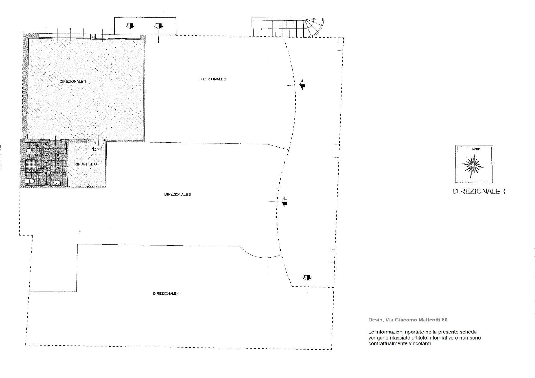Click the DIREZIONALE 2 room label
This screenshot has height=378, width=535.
click(213, 79)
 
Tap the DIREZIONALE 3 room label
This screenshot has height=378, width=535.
click(177, 195)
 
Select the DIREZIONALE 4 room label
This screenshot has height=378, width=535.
click(166, 293)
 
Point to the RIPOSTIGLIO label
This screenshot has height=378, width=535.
click(86, 164)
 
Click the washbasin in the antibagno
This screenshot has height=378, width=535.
click(57, 183)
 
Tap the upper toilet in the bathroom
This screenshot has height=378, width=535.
click(29, 150)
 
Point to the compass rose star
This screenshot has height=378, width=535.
click(473, 166)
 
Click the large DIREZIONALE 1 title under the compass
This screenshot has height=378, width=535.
click(479, 191)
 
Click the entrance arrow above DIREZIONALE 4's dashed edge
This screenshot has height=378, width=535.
click(307, 278)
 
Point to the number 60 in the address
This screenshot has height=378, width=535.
click(444, 320)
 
